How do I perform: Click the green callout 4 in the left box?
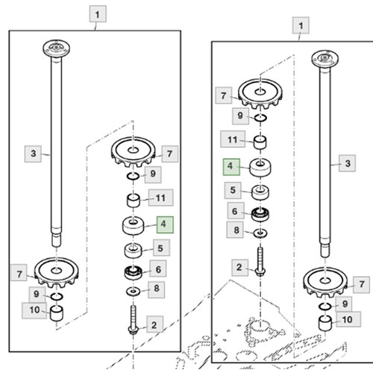click(x=165, y=225)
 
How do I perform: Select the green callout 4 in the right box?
click(x=231, y=167)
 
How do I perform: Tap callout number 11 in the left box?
click(x=160, y=198)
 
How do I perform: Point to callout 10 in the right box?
click(x=348, y=319)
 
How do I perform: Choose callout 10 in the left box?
click(x=34, y=310)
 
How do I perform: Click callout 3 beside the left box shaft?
click(x=33, y=154)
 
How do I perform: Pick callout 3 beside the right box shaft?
click(x=347, y=163)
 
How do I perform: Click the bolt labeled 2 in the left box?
click(x=133, y=320)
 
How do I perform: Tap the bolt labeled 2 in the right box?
click(x=260, y=262)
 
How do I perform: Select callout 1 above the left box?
click(x=98, y=14)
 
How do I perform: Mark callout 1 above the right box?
click(x=301, y=25)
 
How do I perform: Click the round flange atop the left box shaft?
click(x=56, y=48)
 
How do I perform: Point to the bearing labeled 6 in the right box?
click(x=260, y=214)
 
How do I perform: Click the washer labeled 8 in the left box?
click(x=133, y=291)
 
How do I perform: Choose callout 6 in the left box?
click(x=158, y=269)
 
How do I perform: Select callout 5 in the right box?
click(x=233, y=190)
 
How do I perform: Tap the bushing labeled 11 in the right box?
click(x=260, y=142)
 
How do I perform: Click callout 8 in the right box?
click(x=235, y=230)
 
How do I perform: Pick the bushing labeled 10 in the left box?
click(x=57, y=313)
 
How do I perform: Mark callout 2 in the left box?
click(x=154, y=325)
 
